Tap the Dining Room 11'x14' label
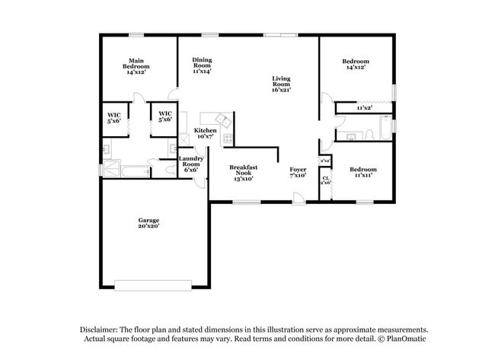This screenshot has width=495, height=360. [x=202, y=65]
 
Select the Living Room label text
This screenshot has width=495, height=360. [x=281, y=84]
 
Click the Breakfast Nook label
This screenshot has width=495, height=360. [x=244, y=173]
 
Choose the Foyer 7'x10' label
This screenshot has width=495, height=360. [x=297, y=173]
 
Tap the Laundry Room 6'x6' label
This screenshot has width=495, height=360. [x=190, y=164]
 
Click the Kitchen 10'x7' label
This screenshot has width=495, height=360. [x=205, y=134]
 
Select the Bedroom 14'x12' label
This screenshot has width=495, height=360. [x=355, y=64]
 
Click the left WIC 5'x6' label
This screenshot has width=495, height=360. [x=113, y=117]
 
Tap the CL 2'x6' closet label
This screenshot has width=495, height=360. [x=325, y=180]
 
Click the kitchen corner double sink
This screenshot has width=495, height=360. [x=222, y=119]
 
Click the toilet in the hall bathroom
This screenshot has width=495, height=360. [x=368, y=135]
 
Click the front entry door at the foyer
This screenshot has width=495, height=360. [x=298, y=199]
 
